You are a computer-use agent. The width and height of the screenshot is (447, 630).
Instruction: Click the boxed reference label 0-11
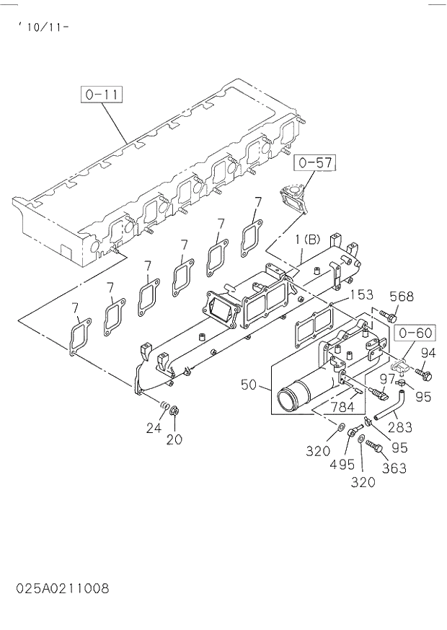coord(103,94)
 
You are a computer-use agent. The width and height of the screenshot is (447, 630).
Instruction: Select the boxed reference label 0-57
coord(315,163)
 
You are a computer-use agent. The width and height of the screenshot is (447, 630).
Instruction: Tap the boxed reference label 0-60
coord(414,333)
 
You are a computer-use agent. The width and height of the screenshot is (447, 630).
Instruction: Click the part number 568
coord(402,296)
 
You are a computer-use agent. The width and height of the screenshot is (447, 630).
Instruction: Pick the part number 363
coord(394,468)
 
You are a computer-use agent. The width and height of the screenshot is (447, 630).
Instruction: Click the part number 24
coord(154,427)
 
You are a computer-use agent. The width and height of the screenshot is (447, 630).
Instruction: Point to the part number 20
coord(174,439)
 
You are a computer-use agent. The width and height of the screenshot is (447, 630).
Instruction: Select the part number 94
coord(428,353)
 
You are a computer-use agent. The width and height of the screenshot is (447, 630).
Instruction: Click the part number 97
coord(388,378)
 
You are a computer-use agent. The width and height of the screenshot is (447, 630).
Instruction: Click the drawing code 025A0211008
coord(62,589)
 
